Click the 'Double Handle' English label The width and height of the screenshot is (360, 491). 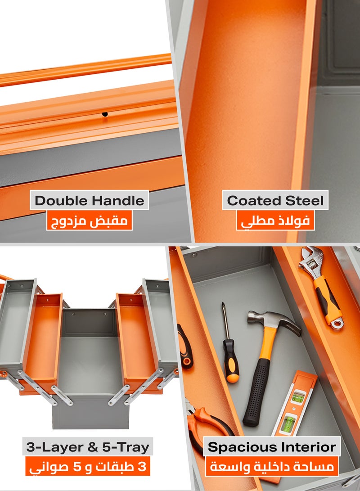[x=90, y=201]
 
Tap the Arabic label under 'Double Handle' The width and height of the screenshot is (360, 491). [x=90, y=221]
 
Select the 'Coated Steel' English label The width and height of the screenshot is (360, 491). [x=275, y=201]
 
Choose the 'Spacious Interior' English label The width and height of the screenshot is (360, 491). [x=272, y=447]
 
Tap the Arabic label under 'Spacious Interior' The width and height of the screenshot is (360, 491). [x=272, y=467]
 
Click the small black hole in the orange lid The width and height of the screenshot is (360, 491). [x=105, y=114]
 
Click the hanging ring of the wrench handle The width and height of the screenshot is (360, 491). [x=336, y=322]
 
